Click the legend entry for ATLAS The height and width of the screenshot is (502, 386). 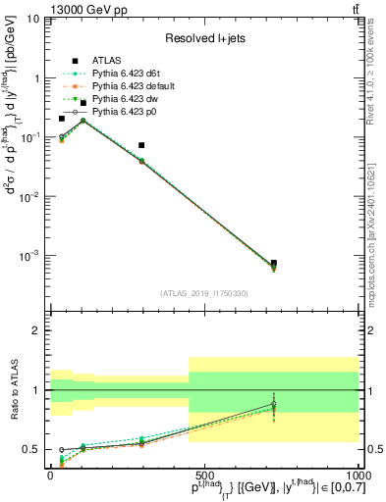click(106, 59)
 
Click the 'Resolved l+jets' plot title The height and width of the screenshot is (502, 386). click(203, 37)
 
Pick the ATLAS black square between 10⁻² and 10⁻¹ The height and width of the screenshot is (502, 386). click(141, 145)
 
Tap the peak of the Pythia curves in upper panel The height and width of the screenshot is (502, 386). click(83, 121)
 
